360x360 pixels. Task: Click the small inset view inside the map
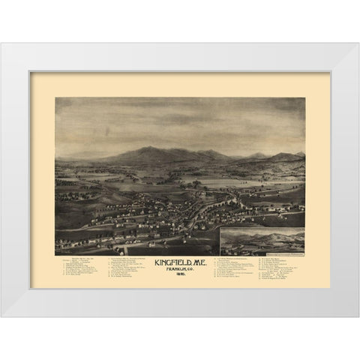(262, 242)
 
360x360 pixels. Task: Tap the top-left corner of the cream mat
(31, 73)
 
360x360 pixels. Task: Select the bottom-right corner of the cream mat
(329, 288)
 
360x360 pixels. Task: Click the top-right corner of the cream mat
(329, 73)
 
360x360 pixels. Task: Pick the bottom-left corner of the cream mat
(31, 288)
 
